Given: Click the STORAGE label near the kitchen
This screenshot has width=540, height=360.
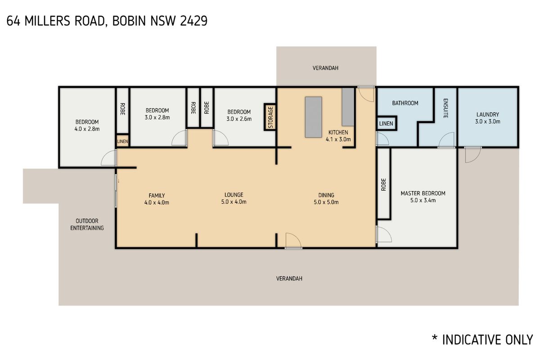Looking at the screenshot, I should pos(270,117).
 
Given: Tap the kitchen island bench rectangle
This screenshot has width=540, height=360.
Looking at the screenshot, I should pos(314,117).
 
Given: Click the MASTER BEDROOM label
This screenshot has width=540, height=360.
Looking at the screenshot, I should pos(423,193).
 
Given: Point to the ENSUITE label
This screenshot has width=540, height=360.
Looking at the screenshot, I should pos(445,108).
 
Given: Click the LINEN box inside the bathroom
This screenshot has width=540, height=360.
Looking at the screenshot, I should pos(386,123).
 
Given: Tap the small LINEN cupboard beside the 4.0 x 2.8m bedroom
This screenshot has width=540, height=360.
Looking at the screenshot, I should pos(123,141).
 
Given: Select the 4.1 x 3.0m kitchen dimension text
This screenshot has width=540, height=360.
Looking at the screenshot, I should pos(338,139).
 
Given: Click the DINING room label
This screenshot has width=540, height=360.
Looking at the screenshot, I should pos(326,195).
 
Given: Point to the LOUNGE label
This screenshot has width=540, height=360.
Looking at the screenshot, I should pos(234,195).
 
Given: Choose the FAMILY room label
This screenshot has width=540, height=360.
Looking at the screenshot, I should pos(157,195).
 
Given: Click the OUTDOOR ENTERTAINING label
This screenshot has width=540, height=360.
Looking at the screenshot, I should pos(87,225).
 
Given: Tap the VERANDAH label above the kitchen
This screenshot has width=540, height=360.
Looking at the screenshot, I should pos(325,68).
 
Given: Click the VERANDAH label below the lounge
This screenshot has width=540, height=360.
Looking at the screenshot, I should pos(289,279).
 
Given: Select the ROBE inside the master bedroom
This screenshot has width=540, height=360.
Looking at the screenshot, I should pos(383,184).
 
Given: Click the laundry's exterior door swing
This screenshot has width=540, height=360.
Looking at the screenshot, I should pos(472,155).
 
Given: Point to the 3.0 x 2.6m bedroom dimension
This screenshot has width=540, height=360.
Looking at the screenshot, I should pos(238,119).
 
